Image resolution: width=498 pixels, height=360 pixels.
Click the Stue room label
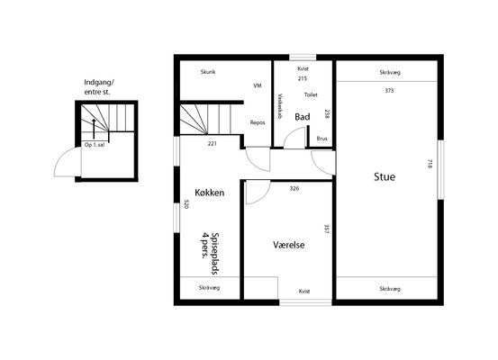[x=385, y=176]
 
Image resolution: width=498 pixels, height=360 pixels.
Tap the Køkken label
[x=210, y=193]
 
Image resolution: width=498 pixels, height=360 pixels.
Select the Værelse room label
[x=289, y=245]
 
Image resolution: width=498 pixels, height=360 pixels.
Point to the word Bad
[x=303, y=117]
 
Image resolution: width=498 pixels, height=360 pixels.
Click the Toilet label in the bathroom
[x=311, y=94]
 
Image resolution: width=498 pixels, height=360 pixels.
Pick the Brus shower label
[x=322, y=139]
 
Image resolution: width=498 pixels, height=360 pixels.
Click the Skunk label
[x=208, y=72]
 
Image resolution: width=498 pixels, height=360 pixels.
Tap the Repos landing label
[x=258, y=122]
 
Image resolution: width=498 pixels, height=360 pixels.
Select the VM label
[x=258, y=85]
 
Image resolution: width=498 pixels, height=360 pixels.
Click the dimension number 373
[x=389, y=91]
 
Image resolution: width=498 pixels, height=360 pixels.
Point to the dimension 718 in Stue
[x=430, y=164]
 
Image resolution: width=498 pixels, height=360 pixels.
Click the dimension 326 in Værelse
[x=294, y=188]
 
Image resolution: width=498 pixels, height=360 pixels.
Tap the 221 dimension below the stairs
[x=213, y=143]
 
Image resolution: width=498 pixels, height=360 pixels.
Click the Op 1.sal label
[x=95, y=145]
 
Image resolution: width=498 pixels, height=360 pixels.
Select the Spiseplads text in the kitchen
[x=215, y=253]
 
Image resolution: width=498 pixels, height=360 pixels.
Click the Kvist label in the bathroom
[x=303, y=68]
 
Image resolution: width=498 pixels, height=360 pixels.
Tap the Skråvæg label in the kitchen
[x=209, y=288]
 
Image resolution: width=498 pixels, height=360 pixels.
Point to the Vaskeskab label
[x=280, y=106]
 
